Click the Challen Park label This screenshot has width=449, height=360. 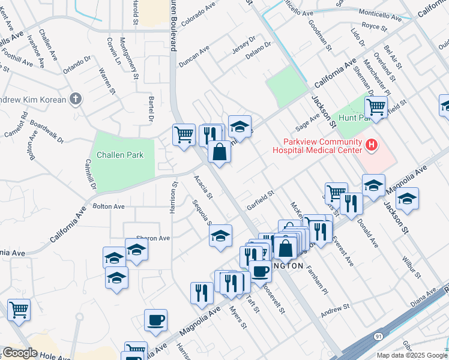pyautogui.click(x=122, y=155)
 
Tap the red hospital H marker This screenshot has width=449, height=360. pyautogui.click(x=372, y=145)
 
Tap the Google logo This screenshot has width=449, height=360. pyautogui.click(x=19, y=353)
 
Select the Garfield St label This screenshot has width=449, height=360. pyautogui.click(x=260, y=200)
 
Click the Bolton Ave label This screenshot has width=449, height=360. pyautogui.click(x=109, y=206)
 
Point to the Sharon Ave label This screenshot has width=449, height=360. pyautogui.click(x=153, y=238)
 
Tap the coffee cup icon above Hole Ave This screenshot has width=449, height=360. pyautogui.click(x=156, y=320)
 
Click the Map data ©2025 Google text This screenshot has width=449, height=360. pyautogui.click(x=412, y=355)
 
